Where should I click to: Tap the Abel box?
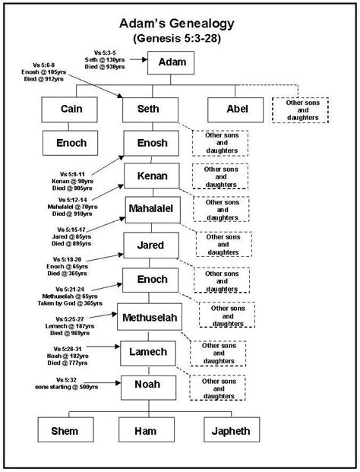(237, 109)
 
